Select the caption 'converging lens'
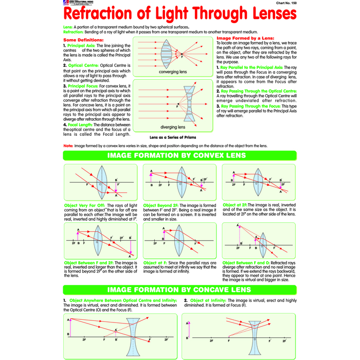point(172,72)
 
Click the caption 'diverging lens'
point(173,127)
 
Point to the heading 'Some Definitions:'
point(83,40)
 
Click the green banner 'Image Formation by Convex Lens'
point(180,155)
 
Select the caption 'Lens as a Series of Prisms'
point(172,138)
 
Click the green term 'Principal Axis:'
point(81,45)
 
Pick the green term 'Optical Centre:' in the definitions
point(82,66)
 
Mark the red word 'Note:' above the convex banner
point(68,146)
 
